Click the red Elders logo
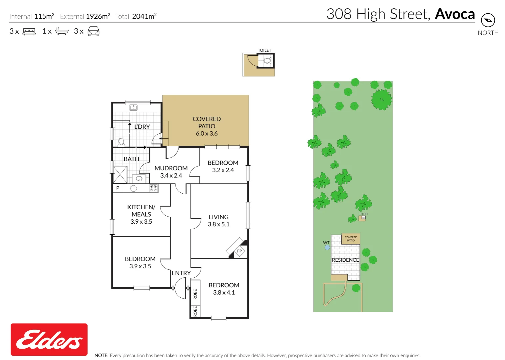[49, 339]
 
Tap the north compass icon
[488, 20]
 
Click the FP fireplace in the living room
[239, 251]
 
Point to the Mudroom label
[171, 168]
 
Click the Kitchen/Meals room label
[141, 211]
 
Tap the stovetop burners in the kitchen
[154, 188]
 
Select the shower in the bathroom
[120, 174]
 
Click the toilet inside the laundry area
[121, 142]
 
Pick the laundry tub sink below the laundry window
[133, 107]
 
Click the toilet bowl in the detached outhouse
[267, 61]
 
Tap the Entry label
[181, 273]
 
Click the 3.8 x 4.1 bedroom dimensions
[224, 293]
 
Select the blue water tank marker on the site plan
[327, 247]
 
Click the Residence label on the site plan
[345, 260]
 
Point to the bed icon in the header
[29, 32]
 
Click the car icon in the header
[94, 32]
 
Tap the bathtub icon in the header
[62, 31]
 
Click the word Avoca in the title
[455, 14]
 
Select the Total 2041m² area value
[144, 16]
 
